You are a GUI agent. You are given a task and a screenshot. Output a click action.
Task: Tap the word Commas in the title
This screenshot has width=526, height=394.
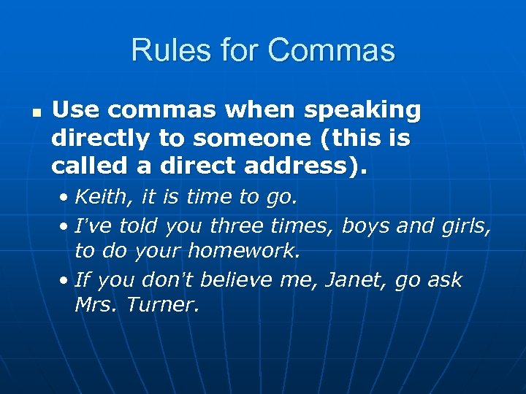click(332, 50)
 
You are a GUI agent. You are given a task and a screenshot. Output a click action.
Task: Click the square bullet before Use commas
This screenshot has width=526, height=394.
click(35, 114)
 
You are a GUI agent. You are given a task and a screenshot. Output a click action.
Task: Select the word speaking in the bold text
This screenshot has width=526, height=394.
click(362, 110)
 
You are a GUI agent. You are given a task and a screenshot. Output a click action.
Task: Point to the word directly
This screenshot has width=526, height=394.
click(101, 139)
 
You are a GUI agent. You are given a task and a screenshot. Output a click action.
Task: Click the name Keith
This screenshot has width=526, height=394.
click(96, 196)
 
